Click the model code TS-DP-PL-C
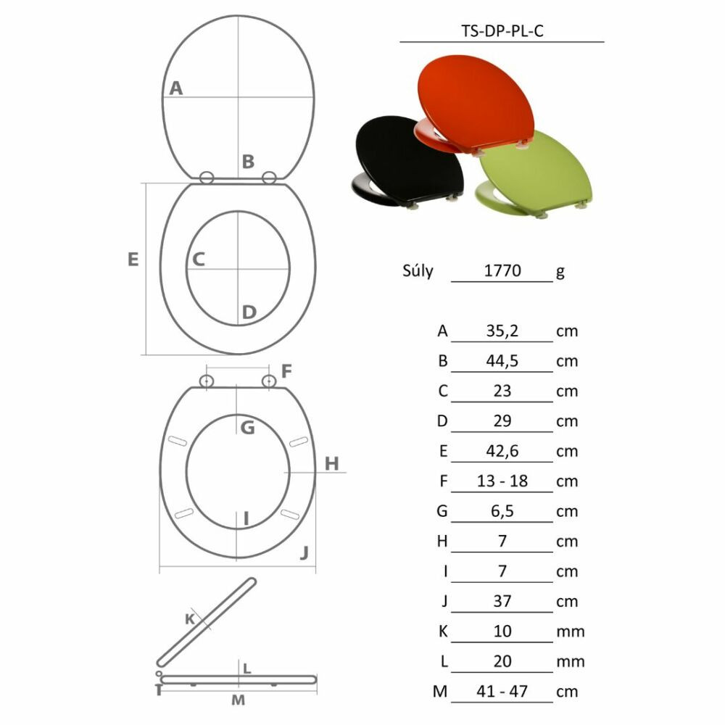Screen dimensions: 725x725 point(502,31)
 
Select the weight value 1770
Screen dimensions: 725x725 point(502,270)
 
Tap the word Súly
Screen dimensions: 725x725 point(418,270)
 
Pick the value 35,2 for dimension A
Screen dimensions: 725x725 point(502,331)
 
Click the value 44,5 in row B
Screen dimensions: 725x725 point(502,360)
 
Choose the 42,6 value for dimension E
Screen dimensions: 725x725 point(502,451)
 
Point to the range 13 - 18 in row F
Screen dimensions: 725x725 point(502,481)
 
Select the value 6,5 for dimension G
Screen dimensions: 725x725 point(502,511)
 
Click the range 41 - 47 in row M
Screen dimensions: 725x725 point(502,691)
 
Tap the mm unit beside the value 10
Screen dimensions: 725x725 point(571,631)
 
